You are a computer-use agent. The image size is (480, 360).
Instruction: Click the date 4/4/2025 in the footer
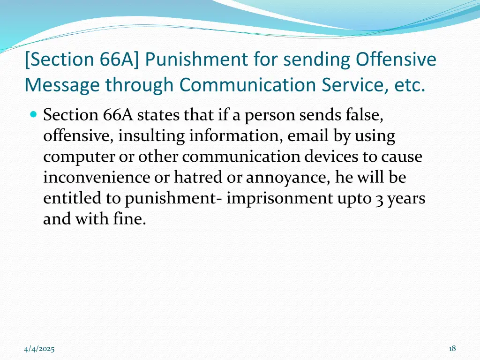[39, 349]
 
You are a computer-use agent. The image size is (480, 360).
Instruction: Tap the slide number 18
[452, 348]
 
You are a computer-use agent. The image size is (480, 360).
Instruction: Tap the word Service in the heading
[359, 85]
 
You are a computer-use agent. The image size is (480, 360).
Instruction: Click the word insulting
[151, 136]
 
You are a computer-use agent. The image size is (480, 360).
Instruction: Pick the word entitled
[72, 198]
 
